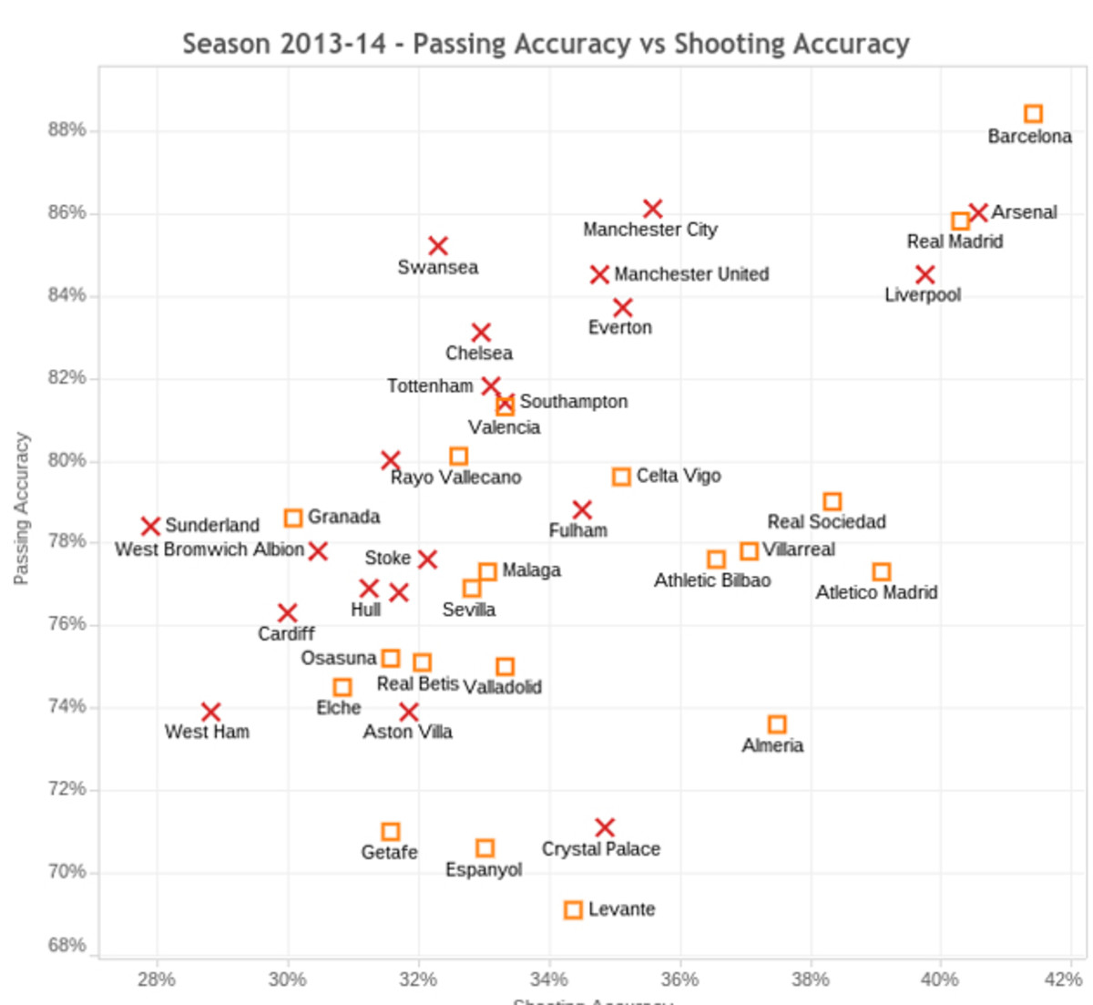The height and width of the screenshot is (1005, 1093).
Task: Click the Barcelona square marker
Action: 1033,114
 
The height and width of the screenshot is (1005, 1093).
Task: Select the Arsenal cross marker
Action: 978,212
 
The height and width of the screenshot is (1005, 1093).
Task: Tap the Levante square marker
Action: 573,910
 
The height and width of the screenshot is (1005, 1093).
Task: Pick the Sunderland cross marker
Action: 150,526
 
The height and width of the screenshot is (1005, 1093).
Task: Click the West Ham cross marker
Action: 210,712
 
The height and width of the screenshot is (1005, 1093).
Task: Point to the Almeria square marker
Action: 777,724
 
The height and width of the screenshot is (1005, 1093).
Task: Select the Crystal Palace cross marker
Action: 605,827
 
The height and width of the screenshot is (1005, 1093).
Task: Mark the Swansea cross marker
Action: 438,246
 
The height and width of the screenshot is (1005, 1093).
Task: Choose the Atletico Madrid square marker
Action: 881,572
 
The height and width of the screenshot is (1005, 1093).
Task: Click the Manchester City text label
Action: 650,230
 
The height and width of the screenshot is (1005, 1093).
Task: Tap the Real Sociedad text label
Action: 826,522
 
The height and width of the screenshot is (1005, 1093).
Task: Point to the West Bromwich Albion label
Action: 209,549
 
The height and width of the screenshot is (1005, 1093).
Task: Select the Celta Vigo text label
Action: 679,476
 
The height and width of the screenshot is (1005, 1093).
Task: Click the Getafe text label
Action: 389,853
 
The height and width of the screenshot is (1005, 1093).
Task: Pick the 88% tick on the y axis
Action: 66,130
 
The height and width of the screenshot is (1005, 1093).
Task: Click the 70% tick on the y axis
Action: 66,872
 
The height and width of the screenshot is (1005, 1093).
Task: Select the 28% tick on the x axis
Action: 157,979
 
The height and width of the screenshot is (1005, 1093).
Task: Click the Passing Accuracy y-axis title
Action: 22,508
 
